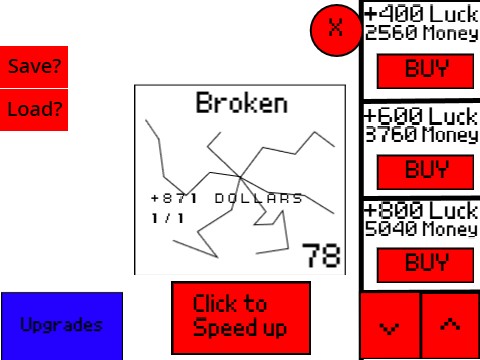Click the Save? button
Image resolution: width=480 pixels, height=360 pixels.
(34, 67)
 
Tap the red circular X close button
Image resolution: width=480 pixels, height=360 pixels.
(336, 30)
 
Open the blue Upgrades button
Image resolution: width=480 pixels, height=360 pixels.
(62, 325)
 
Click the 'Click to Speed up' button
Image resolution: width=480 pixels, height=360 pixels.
(240, 316)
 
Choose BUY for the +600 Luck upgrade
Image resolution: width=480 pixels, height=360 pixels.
(425, 167)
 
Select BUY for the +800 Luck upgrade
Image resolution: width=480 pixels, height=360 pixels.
(425, 263)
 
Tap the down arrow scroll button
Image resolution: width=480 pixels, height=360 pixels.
(390, 326)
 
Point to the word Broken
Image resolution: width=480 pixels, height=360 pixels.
(241, 102)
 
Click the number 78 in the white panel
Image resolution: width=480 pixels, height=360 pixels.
(322, 256)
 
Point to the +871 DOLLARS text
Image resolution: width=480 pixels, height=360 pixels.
(226, 198)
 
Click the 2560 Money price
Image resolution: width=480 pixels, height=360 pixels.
(421, 33)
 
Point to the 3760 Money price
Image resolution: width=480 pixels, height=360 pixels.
(421, 134)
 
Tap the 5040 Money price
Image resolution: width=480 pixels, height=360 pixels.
(421, 230)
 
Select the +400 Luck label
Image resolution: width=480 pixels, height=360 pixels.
(421, 14)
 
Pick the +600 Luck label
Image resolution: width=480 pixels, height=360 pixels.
(421, 115)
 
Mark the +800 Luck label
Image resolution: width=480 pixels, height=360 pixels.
(421, 211)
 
